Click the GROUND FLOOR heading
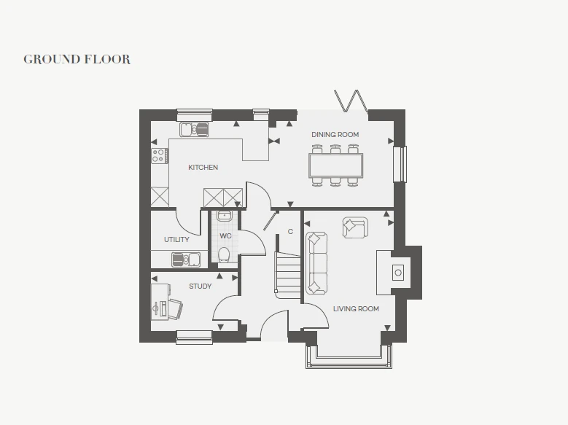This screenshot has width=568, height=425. click(x=77, y=60)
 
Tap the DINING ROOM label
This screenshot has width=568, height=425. click(x=335, y=134)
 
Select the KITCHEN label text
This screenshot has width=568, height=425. click(x=203, y=168)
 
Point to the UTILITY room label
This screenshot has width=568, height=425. click(x=176, y=240)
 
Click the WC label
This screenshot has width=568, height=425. click(x=225, y=236)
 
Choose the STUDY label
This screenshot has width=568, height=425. click(x=201, y=286)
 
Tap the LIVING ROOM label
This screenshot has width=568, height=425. click(x=356, y=308)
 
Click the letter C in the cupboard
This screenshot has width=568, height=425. click(x=290, y=232)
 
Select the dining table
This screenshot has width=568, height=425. click(x=336, y=165)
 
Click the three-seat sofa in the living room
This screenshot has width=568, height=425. click(x=316, y=263)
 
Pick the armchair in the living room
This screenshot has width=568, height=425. click(x=355, y=227)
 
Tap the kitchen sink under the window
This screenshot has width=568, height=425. click(x=194, y=129)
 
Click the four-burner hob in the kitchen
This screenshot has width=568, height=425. click(x=160, y=155)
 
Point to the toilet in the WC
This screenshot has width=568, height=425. click(x=224, y=254)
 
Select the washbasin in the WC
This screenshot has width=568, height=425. click(x=225, y=216)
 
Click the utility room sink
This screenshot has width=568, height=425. click(x=186, y=260)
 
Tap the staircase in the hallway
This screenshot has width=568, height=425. click(x=288, y=275)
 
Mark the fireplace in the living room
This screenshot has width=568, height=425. click(x=394, y=272)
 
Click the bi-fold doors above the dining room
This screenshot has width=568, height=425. click(x=351, y=101)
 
